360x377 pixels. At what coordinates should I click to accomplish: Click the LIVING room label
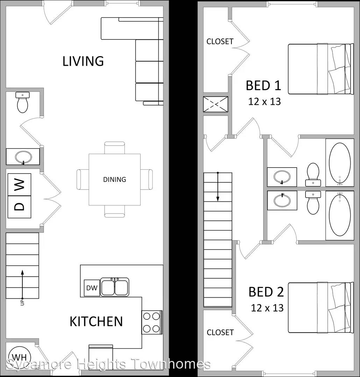coord(83,61)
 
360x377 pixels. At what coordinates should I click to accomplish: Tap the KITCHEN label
coord(96,321)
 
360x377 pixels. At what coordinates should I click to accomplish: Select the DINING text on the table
coord(114,179)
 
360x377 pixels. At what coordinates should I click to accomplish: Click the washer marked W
coord(19,185)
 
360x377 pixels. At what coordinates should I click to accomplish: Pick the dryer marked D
coord(19,207)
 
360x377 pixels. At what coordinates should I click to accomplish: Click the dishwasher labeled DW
coord(92,288)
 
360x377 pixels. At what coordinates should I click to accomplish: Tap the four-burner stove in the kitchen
coord(152,323)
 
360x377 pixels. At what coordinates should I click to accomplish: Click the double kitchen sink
coord(115,287)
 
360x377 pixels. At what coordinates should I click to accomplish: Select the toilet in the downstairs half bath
coord(23,102)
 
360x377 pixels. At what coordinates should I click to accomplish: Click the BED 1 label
coord(264,86)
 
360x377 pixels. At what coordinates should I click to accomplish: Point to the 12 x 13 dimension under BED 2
coord(267,308)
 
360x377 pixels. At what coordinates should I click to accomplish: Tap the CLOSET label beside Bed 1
coord(220,42)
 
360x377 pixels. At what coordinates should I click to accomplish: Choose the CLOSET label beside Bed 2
coord(220,333)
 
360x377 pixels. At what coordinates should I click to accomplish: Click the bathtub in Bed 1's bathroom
coord(340,163)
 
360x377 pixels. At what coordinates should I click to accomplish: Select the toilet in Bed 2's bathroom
coord(313,203)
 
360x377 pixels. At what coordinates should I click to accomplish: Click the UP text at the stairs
coord(22,302)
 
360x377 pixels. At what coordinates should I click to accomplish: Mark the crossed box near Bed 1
coord(216,104)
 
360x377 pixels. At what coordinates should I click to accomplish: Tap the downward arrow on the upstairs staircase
coord(218,187)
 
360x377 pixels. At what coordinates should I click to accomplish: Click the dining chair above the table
coord(115,148)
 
